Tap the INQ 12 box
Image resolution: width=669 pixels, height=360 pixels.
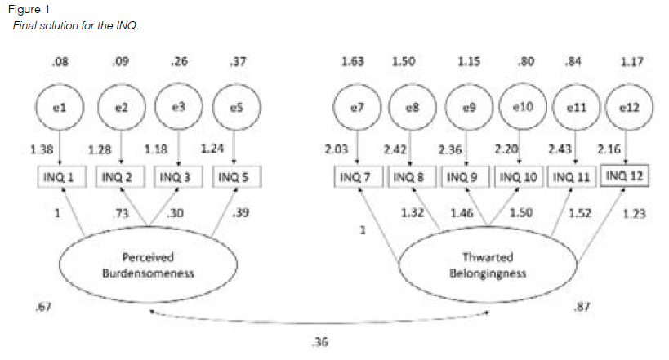pyautogui.click(x=625, y=174)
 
